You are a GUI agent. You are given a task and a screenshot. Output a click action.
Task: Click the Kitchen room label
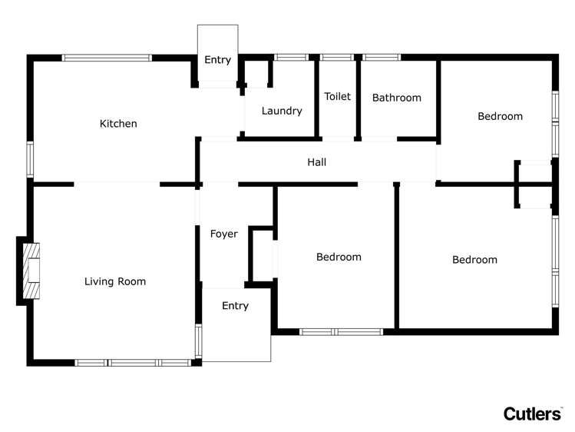coord(118,124)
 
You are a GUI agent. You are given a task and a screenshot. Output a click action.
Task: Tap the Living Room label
coord(114,282)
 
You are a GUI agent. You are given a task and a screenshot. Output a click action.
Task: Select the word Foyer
coord(223,234)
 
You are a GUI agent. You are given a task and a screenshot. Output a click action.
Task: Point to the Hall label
coord(316,162)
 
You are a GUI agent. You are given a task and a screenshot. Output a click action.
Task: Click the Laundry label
coord(281,111)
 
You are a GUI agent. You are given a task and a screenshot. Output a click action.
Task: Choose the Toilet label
coord(337,96)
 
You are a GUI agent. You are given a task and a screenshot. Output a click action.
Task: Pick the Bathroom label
coord(396,98)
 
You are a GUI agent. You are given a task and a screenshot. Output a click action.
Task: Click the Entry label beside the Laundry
coord(217,60)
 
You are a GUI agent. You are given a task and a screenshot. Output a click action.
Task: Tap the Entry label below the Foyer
coord(235,306)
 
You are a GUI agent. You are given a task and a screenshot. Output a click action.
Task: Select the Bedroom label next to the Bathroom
coord(500,116)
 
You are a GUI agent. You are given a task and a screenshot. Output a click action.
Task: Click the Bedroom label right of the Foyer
coord(339,257)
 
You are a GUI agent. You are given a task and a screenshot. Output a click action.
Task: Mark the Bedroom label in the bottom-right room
coord(474,260)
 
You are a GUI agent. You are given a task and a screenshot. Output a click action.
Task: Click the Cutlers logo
coord(532,414)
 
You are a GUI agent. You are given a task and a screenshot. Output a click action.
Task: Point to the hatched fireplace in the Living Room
coord(31,271)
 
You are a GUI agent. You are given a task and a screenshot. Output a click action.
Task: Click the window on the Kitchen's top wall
coord(107,58)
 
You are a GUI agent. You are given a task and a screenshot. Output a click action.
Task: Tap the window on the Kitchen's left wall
coord(31,160)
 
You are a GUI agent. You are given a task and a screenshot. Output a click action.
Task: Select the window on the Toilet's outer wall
coord(336,58)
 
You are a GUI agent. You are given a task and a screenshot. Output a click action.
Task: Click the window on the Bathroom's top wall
coord(381,58)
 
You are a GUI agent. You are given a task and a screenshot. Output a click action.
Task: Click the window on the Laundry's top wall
coord(291,58)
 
